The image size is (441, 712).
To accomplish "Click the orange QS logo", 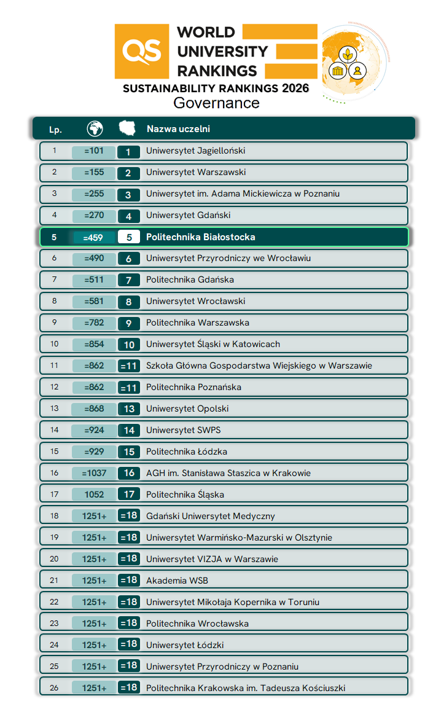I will [141, 52].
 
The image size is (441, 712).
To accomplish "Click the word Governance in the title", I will [216, 103].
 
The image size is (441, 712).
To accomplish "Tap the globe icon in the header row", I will [95, 128].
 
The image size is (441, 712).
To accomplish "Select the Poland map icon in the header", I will [128, 128].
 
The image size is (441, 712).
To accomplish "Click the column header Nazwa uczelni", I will [178, 129].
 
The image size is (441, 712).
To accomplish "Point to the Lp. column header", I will [55, 130].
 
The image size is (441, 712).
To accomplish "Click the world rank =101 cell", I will [94, 151].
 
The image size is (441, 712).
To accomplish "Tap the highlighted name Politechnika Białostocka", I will [200, 237].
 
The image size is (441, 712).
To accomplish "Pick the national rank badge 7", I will [128, 280].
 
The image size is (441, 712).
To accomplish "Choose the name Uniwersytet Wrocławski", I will [195, 301].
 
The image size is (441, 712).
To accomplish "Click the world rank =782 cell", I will [94, 323].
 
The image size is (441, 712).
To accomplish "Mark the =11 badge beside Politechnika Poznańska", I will [128, 388].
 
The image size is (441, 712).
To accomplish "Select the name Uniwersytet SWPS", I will [183, 430].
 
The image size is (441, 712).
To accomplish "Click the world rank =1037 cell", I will [94, 473].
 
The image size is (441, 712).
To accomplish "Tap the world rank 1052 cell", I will [94, 495].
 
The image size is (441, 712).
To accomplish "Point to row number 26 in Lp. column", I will [54, 687].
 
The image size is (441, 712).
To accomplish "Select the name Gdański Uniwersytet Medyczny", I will [210, 516].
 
